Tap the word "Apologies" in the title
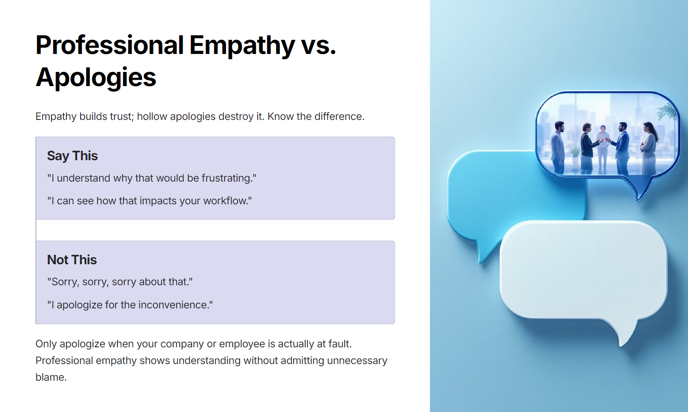click(x=96, y=78)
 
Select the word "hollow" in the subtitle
click(x=152, y=116)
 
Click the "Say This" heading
click(x=72, y=155)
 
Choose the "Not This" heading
click(x=72, y=260)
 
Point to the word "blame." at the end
click(x=51, y=377)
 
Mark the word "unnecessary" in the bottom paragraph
click(x=357, y=361)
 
